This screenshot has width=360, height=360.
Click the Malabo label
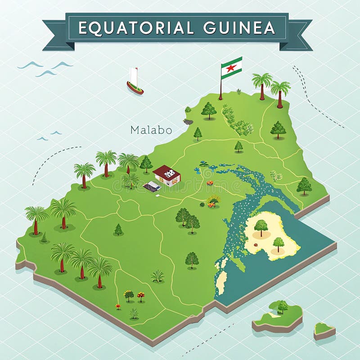coord(151,130)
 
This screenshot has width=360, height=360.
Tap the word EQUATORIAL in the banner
coord(136,28)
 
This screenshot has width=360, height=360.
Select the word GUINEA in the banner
coord(239,28)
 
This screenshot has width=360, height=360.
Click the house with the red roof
coord(167,175)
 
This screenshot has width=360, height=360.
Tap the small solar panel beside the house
coord(152,186)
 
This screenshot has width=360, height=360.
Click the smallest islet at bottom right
coord(324,330)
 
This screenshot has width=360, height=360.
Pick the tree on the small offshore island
coord(283,306)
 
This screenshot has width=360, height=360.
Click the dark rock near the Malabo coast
coord(188,121)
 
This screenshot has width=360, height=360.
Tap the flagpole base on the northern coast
coord(220,98)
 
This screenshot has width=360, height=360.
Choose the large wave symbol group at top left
coord(45,67)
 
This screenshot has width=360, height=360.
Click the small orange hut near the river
coord(210,183)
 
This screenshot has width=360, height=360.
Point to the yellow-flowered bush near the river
coord(213,200)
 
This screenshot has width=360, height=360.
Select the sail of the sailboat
coord(133,76)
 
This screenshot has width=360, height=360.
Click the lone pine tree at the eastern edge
coord(304,185)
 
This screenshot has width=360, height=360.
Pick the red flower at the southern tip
coord(118,306)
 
